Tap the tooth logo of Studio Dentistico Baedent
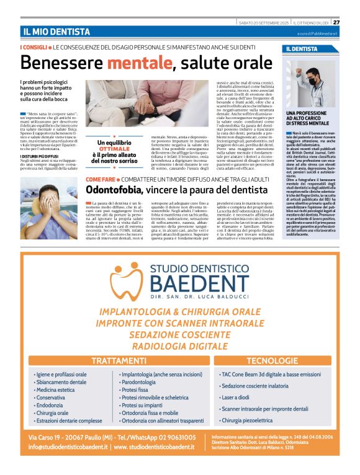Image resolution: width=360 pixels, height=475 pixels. pyautogui.click(x=127, y=282)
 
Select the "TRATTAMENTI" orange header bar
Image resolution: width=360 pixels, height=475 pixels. pyautogui.click(x=114, y=361)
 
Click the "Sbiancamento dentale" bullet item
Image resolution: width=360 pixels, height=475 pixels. pyautogui.click(x=61, y=383)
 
